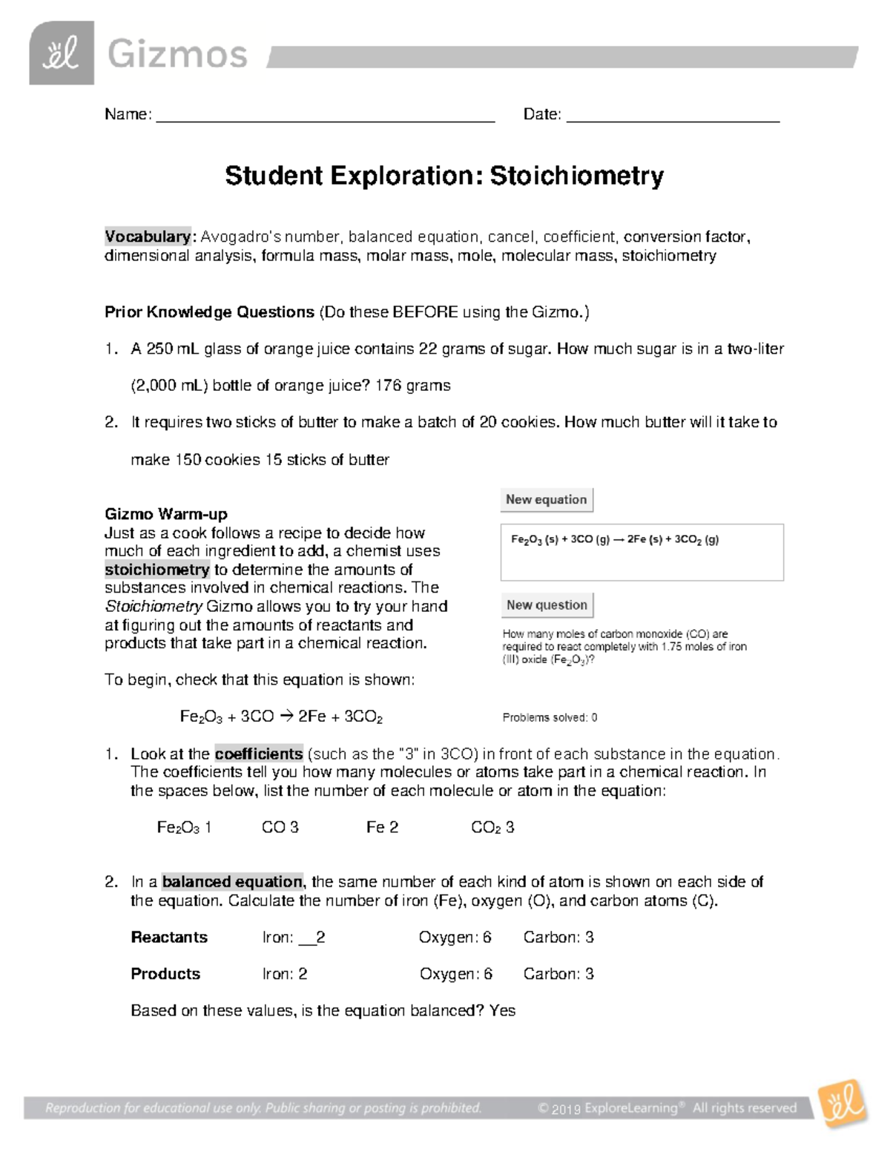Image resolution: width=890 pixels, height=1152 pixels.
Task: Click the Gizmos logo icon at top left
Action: [x=62, y=53]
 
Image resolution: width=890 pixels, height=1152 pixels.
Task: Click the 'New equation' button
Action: [x=547, y=500]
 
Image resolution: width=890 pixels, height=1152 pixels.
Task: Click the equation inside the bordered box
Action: [x=615, y=540]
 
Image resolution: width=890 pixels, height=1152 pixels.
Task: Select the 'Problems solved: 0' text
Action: [x=550, y=717]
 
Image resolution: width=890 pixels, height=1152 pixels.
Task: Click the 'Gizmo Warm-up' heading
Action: [x=166, y=514]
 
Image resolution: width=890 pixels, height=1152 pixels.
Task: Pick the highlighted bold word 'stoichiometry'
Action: [x=157, y=570]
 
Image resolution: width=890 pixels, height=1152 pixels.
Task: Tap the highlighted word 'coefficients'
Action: [x=258, y=754]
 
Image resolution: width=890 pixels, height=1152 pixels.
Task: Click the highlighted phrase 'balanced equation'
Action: [x=232, y=882]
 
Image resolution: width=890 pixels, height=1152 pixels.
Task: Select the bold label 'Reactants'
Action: [x=169, y=938]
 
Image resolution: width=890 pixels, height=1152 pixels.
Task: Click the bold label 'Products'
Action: [x=165, y=974]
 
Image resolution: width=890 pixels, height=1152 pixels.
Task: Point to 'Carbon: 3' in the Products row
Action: [x=558, y=974]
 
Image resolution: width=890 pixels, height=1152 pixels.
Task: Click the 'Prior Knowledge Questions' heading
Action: [x=209, y=312]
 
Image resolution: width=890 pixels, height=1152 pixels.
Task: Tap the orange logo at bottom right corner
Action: [x=842, y=1103]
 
